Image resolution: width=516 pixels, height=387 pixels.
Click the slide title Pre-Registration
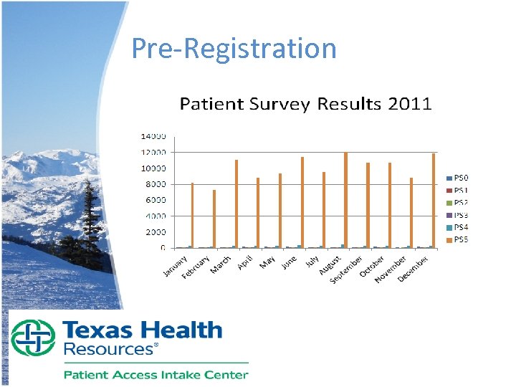point(234,49)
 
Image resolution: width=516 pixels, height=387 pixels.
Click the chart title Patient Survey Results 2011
point(305,104)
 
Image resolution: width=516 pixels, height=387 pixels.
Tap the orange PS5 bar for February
point(214,219)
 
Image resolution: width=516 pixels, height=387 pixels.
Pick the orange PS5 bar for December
point(434,200)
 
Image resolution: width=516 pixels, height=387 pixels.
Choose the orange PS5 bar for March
point(236,204)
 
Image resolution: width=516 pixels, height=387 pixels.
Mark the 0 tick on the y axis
point(163,248)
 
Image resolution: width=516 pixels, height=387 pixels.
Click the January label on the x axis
point(174,267)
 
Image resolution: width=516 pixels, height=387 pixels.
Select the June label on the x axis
point(289,263)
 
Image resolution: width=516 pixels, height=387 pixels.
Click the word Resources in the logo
point(110,350)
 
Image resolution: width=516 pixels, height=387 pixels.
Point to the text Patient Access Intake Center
point(156,374)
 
